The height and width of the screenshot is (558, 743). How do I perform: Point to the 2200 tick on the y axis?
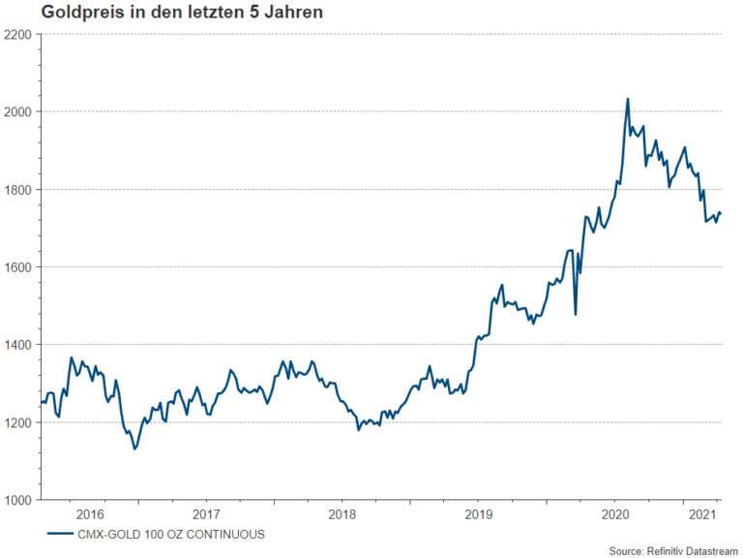(19, 34)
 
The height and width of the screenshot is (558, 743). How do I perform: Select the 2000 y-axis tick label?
(19, 111)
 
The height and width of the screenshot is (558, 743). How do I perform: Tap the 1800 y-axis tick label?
(19, 189)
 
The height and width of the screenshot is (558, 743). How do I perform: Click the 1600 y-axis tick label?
(19, 267)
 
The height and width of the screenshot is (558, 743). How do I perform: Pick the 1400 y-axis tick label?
(19, 345)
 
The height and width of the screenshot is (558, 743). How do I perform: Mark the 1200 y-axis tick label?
(19, 422)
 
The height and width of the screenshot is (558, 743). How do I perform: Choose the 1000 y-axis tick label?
(19, 500)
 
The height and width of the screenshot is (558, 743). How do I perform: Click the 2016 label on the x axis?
(89, 513)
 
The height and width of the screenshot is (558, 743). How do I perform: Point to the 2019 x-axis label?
(479, 513)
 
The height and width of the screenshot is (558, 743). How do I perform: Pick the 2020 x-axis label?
(616, 513)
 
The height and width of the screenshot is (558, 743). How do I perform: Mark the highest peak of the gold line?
(628, 99)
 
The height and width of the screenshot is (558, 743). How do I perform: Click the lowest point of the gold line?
(135, 449)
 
